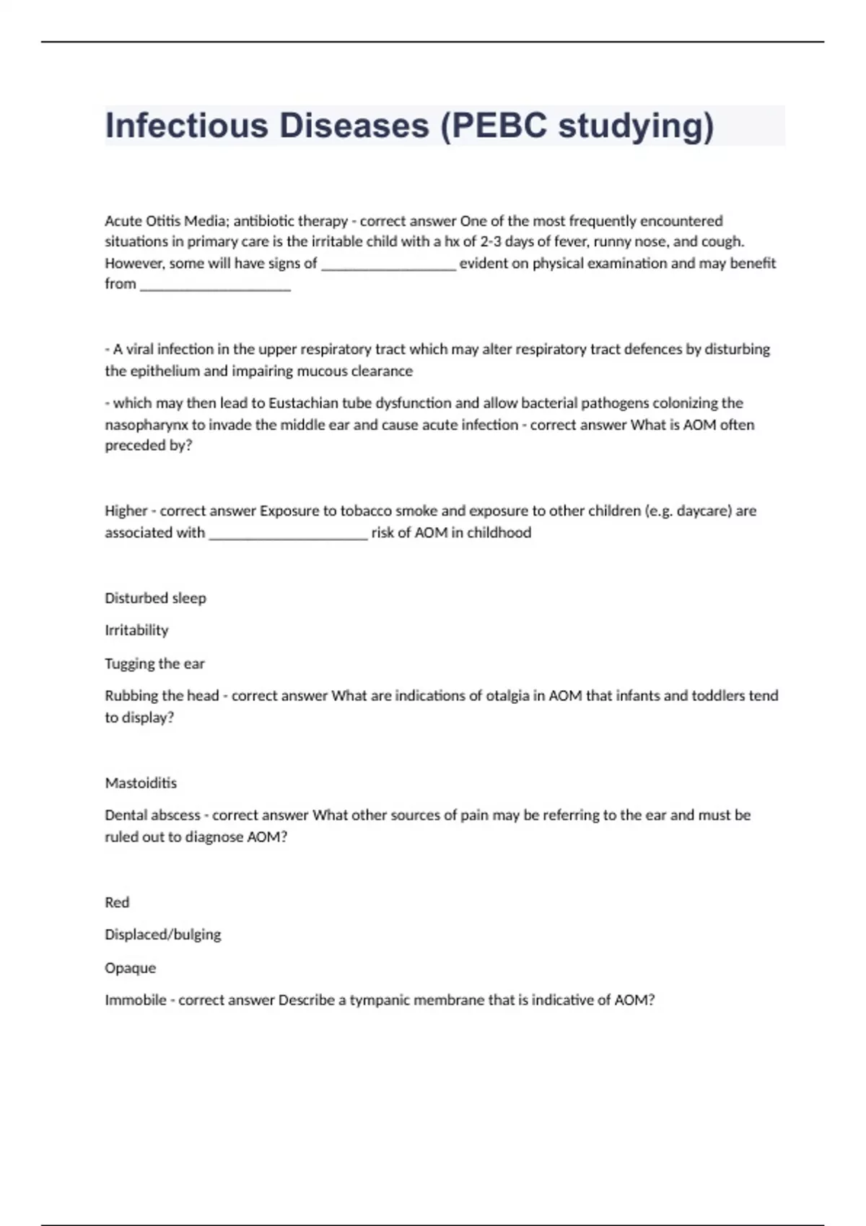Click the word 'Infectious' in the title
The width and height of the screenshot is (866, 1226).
(185, 125)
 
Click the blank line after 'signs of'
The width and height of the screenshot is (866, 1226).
(388, 264)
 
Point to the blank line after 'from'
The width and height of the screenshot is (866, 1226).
(215, 285)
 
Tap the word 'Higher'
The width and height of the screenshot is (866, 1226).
(126, 511)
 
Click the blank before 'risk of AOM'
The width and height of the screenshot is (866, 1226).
(288, 534)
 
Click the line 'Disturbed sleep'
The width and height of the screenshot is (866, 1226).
(155, 598)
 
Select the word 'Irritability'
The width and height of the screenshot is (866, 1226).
(136, 630)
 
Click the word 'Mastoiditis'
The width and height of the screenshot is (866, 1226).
(141, 783)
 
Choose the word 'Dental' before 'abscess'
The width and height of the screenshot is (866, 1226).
(125, 816)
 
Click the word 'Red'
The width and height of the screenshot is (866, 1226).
(117, 902)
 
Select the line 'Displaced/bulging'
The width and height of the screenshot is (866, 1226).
(163, 935)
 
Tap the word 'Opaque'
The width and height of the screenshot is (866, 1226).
(130, 968)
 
